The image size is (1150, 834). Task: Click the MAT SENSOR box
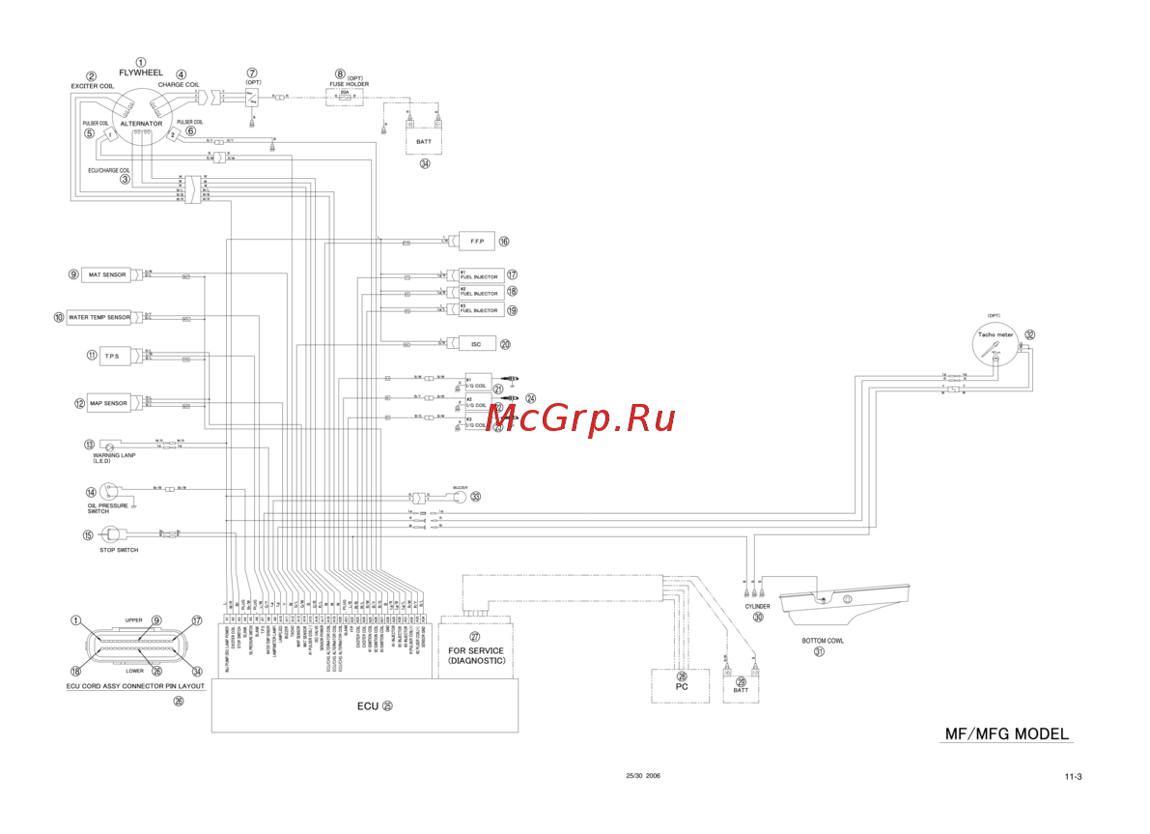click(x=108, y=274)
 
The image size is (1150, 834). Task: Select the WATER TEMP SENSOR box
click(x=98, y=317)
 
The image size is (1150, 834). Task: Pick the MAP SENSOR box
click(x=108, y=403)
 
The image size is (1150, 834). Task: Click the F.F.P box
click(x=475, y=241)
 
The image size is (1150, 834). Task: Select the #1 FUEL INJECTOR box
click(x=480, y=275)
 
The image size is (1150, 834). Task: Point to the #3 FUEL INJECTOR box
click(x=480, y=309)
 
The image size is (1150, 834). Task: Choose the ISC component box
click(x=476, y=343)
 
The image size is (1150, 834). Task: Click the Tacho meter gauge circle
click(x=995, y=343)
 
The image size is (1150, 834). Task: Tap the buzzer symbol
click(x=459, y=497)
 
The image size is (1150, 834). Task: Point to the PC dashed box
click(x=682, y=684)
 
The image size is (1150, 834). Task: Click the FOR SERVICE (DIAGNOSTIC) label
click(x=475, y=656)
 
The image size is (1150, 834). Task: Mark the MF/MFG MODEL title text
click(x=1005, y=733)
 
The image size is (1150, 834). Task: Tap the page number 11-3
click(x=1073, y=776)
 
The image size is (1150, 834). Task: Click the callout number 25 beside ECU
click(x=387, y=705)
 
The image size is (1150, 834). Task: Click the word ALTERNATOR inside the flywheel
click(x=141, y=125)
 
